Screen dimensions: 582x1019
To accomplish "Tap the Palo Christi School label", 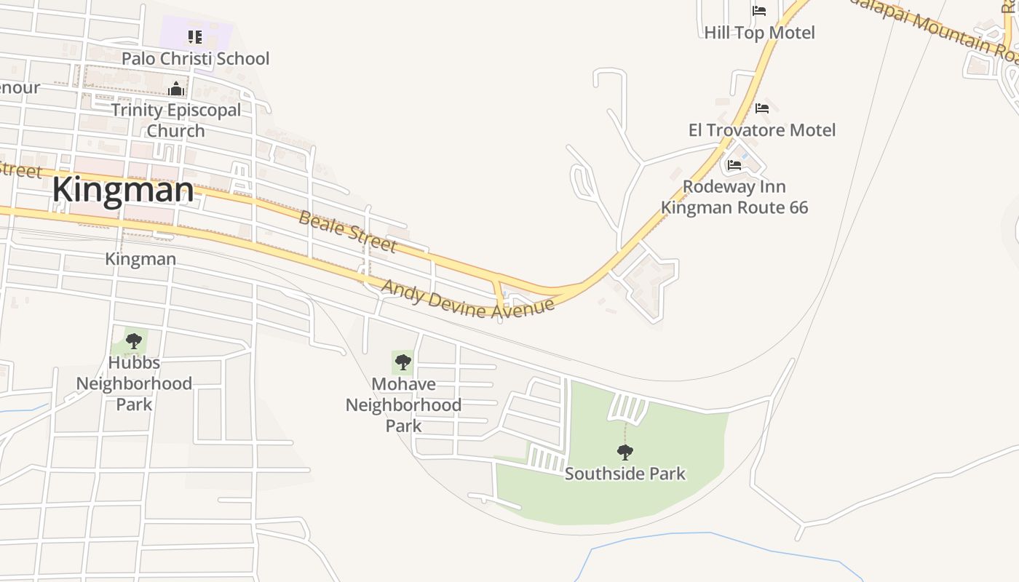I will coord(195,58).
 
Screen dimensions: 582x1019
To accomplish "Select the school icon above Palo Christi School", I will coord(194,36).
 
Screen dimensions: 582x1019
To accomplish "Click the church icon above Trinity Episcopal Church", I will coord(175,89).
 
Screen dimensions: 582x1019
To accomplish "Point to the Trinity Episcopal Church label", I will coord(175,120).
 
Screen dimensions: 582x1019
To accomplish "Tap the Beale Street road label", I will coord(348,231).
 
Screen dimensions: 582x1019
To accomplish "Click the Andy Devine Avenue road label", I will coord(467,299).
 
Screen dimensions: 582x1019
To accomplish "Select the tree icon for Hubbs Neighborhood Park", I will coord(133,341).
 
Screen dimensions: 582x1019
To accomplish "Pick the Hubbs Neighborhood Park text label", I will coord(134,383).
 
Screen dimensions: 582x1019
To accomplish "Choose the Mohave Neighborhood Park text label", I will coord(403,404).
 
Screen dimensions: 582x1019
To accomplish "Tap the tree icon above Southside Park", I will coord(625,453).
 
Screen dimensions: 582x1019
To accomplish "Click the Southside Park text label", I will coord(625,474).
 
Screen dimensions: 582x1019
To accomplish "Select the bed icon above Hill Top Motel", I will coord(759,11).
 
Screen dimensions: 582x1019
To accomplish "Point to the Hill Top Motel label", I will coord(759,33).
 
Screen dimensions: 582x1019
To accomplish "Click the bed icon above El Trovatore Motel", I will coord(762,108).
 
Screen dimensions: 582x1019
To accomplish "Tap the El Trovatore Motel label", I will coord(762,130).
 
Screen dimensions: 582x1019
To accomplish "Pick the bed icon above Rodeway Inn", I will coord(734,165).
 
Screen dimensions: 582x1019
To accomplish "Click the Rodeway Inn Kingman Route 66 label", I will coord(734,197).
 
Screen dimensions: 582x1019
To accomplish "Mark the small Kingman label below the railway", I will coord(140,259).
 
